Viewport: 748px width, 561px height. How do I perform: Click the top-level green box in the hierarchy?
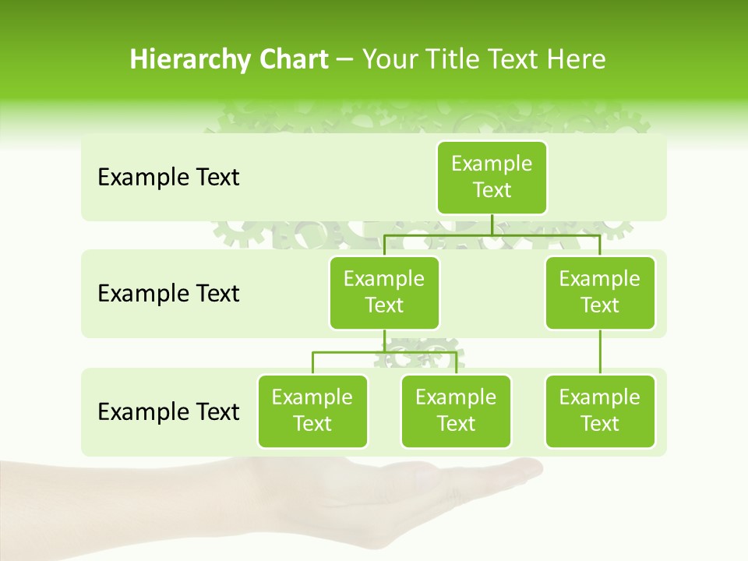click(492, 177)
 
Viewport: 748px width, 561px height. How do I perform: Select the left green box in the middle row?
click(384, 292)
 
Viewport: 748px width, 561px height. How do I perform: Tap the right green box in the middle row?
click(600, 292)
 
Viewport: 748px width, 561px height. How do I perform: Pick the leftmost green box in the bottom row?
click(312, 411)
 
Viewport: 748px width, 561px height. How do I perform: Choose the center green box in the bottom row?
click(456, 411)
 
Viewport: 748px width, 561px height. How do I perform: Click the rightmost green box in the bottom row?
click(600, 411)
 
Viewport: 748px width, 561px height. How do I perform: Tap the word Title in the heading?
click(450, 59)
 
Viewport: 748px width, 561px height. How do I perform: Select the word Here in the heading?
click(577, 59)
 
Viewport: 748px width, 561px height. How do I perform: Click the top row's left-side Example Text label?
click(168, 178)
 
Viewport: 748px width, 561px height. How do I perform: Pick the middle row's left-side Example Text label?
click(168, 294)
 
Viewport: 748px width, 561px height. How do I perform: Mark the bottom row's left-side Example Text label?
click(168, 411)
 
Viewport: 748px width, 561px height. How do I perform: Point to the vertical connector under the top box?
click(492, 224)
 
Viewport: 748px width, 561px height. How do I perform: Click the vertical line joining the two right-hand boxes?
click(600, 352)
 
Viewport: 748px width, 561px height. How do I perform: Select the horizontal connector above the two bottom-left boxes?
click(384, 352)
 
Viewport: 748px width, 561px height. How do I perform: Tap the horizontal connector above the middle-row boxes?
click(492, 235)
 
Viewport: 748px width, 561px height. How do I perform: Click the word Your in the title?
click(388, 59)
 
